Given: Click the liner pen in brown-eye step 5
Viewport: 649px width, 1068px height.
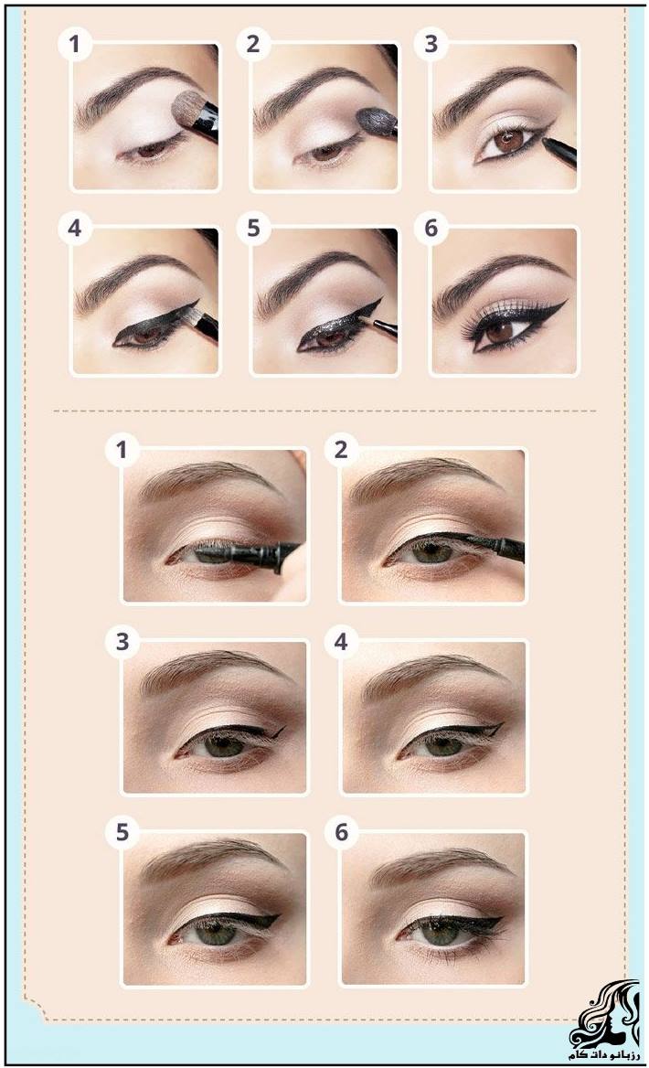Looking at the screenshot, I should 382,325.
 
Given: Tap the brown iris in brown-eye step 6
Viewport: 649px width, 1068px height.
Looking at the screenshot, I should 499,331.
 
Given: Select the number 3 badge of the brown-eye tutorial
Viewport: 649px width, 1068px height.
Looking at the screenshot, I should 431,44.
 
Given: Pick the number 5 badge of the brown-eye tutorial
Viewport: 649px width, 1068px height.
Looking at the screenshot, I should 253,229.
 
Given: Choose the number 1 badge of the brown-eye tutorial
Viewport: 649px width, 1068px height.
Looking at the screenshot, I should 75,44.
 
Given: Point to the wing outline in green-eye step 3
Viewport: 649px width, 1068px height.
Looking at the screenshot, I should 271,732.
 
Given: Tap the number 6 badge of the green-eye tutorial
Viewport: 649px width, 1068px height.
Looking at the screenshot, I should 342,832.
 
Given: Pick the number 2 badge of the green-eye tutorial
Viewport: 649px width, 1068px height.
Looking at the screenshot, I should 342,449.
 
